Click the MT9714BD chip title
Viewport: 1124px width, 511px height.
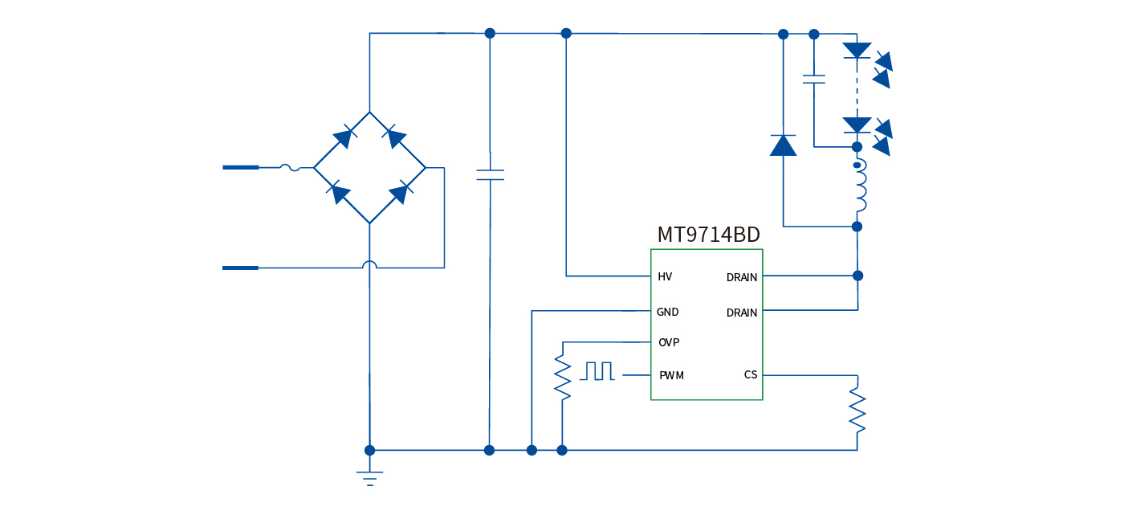[x=708, y=235]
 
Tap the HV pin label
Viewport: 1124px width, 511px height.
[x=665, y=276]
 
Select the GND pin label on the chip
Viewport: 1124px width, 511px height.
[x=667, y=312]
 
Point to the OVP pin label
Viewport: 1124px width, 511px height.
[x=669, y=342]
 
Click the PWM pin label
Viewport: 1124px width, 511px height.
[x=671, y=375]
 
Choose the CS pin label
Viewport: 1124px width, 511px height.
[x=751, y=374]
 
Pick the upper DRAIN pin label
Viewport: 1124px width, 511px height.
[x=742, y=277]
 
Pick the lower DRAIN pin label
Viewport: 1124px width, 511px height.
[x=742, y=313]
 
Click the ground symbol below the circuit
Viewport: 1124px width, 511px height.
[x=369, y=477]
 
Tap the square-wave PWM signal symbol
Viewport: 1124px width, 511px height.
[x=599, y=371]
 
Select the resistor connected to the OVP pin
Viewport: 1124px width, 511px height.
[x=563, y=378]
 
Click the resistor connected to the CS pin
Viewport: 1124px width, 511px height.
[x=857, y=410]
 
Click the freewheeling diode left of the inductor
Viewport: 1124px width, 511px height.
[x=783, y=145]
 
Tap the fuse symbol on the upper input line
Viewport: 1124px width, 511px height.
[x=290, y=167]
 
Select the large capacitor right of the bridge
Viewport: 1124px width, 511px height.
[x=490, y=174]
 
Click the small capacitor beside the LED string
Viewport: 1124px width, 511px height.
[x=814, y=80]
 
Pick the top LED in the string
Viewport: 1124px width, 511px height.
[x=857, y=51]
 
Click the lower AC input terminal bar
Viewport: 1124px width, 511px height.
[x=240, y=268]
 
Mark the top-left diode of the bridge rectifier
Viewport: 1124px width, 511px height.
[x=344, y=137]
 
